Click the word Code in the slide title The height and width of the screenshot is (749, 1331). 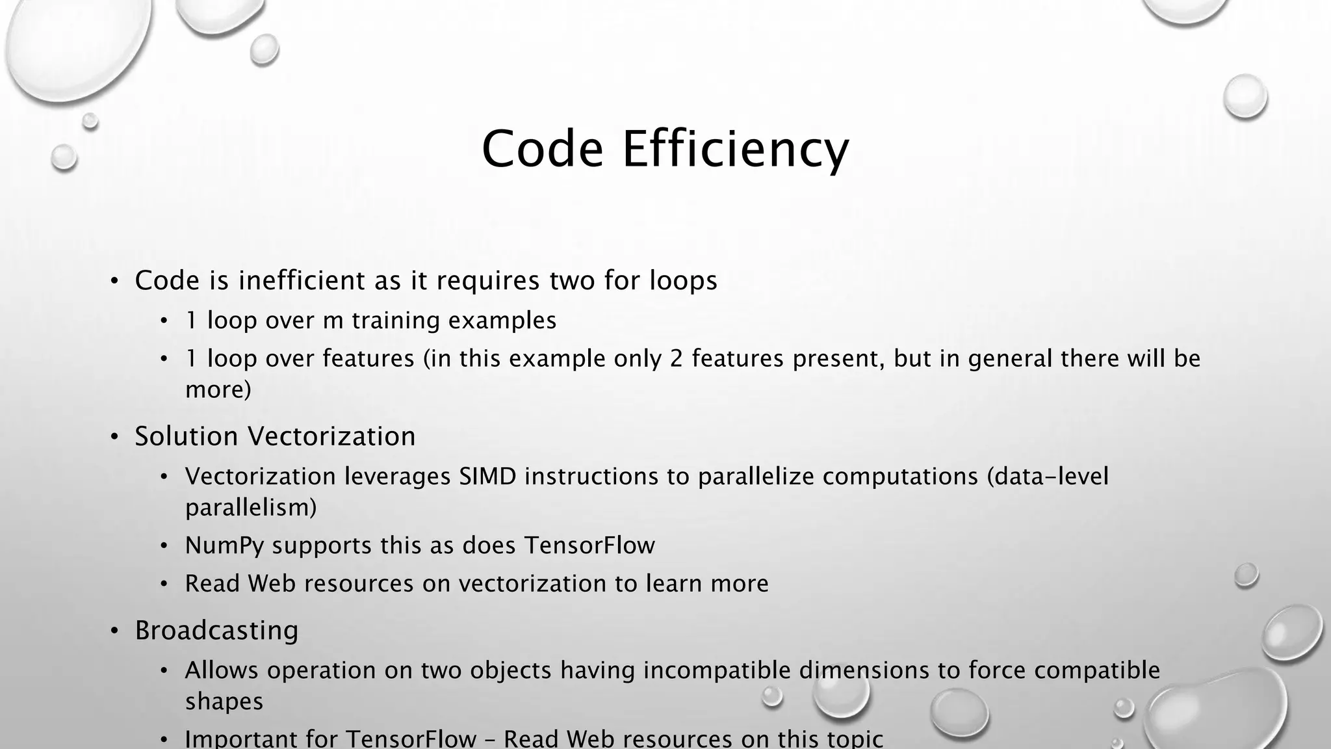tap(543, 150)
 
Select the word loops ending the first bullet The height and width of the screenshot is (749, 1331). tap(683, 280)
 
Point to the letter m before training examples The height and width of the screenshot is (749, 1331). tap(333, 321)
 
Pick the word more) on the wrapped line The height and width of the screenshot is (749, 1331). tap(218, 389)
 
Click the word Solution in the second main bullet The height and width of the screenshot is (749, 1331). tap(186, 436)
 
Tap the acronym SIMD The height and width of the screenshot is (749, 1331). tap(487, 476)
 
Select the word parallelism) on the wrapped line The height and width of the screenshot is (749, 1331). tap(251, 507)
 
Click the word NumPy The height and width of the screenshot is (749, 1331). tap(224, 545)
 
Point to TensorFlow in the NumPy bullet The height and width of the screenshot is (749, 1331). tap(589, 545)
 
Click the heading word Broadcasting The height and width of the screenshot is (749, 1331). tap(216, 630)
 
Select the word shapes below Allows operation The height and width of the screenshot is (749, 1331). tap(224, 701)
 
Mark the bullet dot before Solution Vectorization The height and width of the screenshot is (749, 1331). tap(114, 437)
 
